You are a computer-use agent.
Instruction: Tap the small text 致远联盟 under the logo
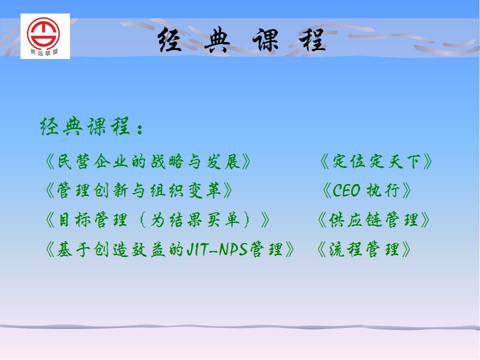44,52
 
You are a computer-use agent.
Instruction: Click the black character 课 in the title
265,40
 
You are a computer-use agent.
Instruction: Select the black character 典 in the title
217,40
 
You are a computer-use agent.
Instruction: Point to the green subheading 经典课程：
91,126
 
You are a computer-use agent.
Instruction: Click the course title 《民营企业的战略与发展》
148,161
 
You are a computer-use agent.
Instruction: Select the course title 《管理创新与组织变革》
138,190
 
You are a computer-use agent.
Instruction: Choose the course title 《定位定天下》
376,161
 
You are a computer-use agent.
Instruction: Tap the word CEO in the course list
346,190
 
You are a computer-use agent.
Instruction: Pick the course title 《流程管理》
363,249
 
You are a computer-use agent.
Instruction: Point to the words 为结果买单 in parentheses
194,220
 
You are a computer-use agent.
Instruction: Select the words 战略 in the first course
167,161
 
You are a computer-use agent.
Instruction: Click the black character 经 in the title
170,40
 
